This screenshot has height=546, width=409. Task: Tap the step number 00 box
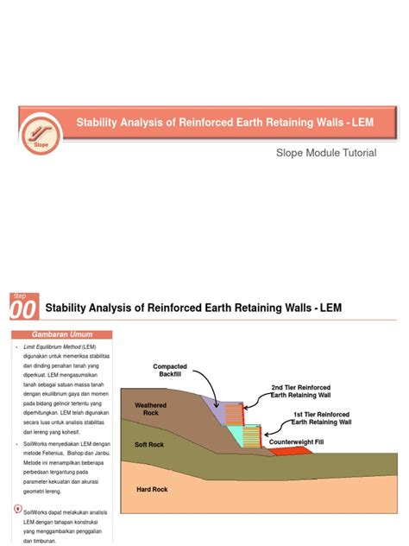click(x=24, y=307)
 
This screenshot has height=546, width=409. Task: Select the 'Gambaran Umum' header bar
click(x=63, y=334)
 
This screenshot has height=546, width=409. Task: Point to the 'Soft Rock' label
click(x=149, y=445)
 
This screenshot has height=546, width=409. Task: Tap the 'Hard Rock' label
click(x=152, y=490)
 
